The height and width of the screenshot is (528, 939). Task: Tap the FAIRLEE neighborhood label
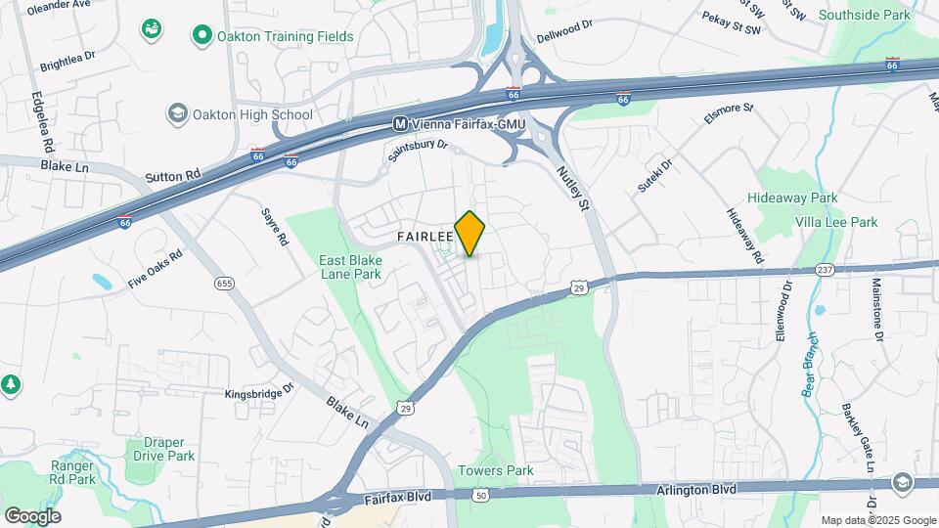(425, 237)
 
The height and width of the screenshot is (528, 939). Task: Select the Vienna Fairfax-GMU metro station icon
(400, 124)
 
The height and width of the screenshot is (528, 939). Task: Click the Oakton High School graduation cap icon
(177, 114)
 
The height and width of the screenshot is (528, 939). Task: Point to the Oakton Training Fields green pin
(202, 37)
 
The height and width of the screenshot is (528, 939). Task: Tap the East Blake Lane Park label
(349, 268)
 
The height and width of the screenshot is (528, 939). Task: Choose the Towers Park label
(494, 470)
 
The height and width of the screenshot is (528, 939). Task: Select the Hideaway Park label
(792, 198)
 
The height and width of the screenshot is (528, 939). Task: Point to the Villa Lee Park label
(837, 222)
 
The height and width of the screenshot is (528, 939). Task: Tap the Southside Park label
(864, 15)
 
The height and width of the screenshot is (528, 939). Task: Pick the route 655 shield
(225, 284)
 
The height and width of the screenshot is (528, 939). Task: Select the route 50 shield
(480, 497)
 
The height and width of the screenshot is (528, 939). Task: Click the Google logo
(32, 516)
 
